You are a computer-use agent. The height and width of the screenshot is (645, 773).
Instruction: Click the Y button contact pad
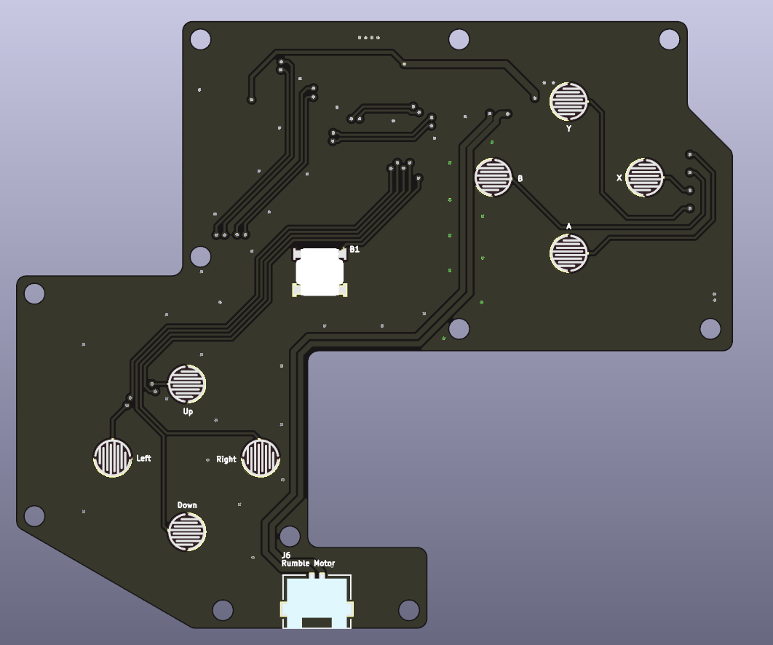coord(569,102)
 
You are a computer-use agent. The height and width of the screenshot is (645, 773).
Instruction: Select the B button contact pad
coord(493,177)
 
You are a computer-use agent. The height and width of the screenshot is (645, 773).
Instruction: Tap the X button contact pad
coord(644,177)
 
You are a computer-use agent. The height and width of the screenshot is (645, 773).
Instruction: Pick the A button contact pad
coord(569,253)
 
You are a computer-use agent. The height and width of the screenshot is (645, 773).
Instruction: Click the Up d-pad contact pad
coord(187,384)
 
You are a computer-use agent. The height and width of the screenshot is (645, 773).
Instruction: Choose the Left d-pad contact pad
coord(113,458)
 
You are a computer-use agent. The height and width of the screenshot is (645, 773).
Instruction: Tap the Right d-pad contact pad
coord(261,458)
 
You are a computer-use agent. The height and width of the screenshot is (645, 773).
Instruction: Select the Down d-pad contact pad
coord(187,531)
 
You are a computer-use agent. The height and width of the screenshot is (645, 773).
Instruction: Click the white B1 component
coord(320,272)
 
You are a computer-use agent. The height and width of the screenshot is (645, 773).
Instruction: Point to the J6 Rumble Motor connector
coord(317,601)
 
